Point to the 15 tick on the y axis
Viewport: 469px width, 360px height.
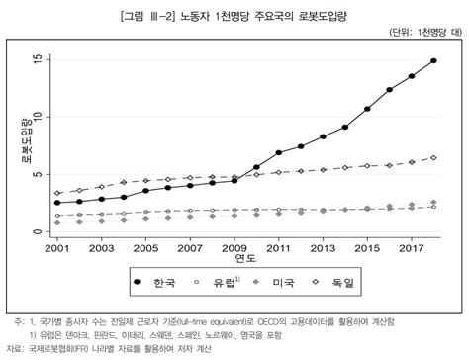point(38,60)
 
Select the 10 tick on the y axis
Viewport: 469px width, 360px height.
point(38,118)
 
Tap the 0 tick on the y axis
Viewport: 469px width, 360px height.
point(38,232)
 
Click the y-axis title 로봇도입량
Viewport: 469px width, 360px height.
point(21,146)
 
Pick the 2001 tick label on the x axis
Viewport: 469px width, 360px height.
point(57,247)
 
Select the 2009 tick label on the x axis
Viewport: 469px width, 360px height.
point(234,247)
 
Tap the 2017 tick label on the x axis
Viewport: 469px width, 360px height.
point(411,247)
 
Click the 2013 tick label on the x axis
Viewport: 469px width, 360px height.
point(323,247)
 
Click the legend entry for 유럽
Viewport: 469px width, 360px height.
point(226,284)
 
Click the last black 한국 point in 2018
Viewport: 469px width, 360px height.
point(433,61)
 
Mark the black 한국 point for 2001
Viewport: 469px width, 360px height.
point(57,203)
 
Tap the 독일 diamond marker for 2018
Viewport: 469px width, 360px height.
point(433,158)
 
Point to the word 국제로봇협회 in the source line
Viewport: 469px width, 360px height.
point(65,348)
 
